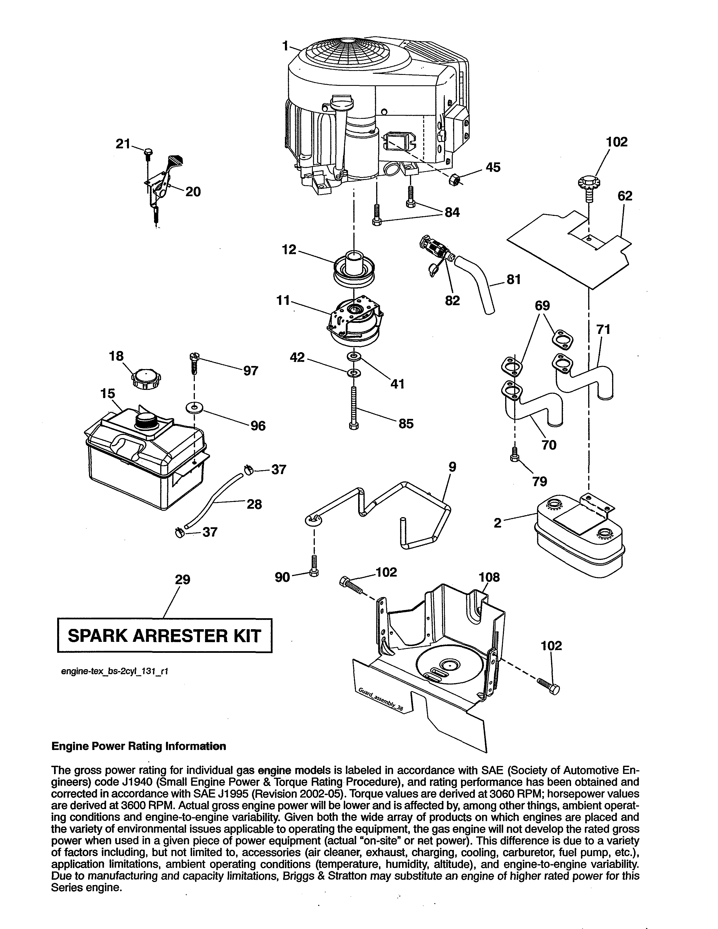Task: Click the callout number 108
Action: pyautogui.click(x=489, y=577)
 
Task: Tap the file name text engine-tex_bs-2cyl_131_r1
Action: pyautogui.click(x=115, y=671)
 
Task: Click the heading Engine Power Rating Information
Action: pyautogui.click(x=139, y=746)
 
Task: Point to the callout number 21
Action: pyautogui.click(x=123, y=144)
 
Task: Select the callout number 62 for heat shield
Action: pyautogui.click(x=625, y=196)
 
